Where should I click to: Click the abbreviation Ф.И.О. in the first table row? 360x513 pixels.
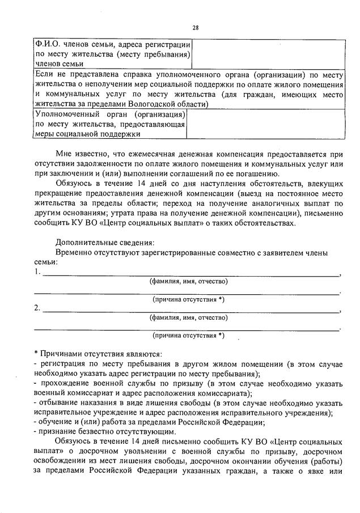tap(46, 44)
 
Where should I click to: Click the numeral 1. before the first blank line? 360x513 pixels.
tap(37, 272)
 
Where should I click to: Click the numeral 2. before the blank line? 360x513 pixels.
tap(37, 308)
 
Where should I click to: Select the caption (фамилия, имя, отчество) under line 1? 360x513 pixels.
tap(188, 282)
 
